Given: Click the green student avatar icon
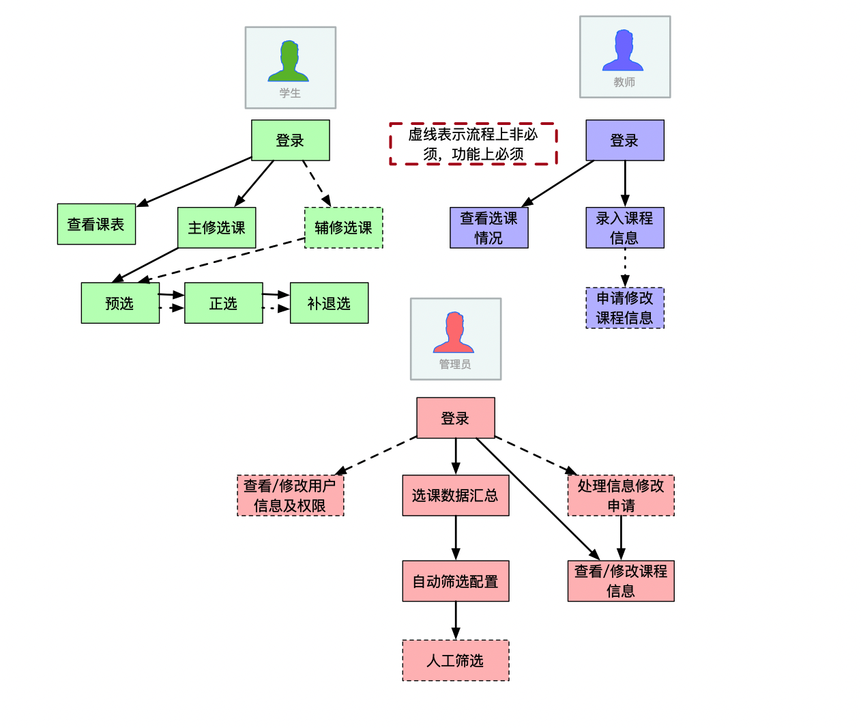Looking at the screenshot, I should click(289, 61).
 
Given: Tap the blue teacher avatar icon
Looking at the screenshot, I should click(623, 51).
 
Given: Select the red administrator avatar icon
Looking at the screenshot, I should click(454, 333).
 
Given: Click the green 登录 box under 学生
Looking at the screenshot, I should click(291, 141).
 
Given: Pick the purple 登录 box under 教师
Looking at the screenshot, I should click(625, 141).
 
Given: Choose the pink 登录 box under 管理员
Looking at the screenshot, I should click(456, 418).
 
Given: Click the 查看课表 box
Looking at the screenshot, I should click(96, 224).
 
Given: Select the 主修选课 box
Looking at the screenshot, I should click(217, 228).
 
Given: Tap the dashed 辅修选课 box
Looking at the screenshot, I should click(344, 228).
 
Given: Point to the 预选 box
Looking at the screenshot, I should click(120, 303).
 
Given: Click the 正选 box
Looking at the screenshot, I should click(224, 303).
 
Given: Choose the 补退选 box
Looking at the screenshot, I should click(330, 303).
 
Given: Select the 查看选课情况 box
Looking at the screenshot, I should click(489, 228).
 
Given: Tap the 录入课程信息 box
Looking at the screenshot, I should click(625, 228).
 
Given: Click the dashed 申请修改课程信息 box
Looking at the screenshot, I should click(625, 308).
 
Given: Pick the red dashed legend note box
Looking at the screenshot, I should click(473, 144).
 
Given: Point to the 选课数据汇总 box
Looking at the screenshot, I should click(456, 496).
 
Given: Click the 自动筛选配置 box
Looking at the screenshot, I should click(456, 581).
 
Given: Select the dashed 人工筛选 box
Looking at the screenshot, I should click(456, 660).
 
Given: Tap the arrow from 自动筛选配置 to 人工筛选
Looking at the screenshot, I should click(456, 621).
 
